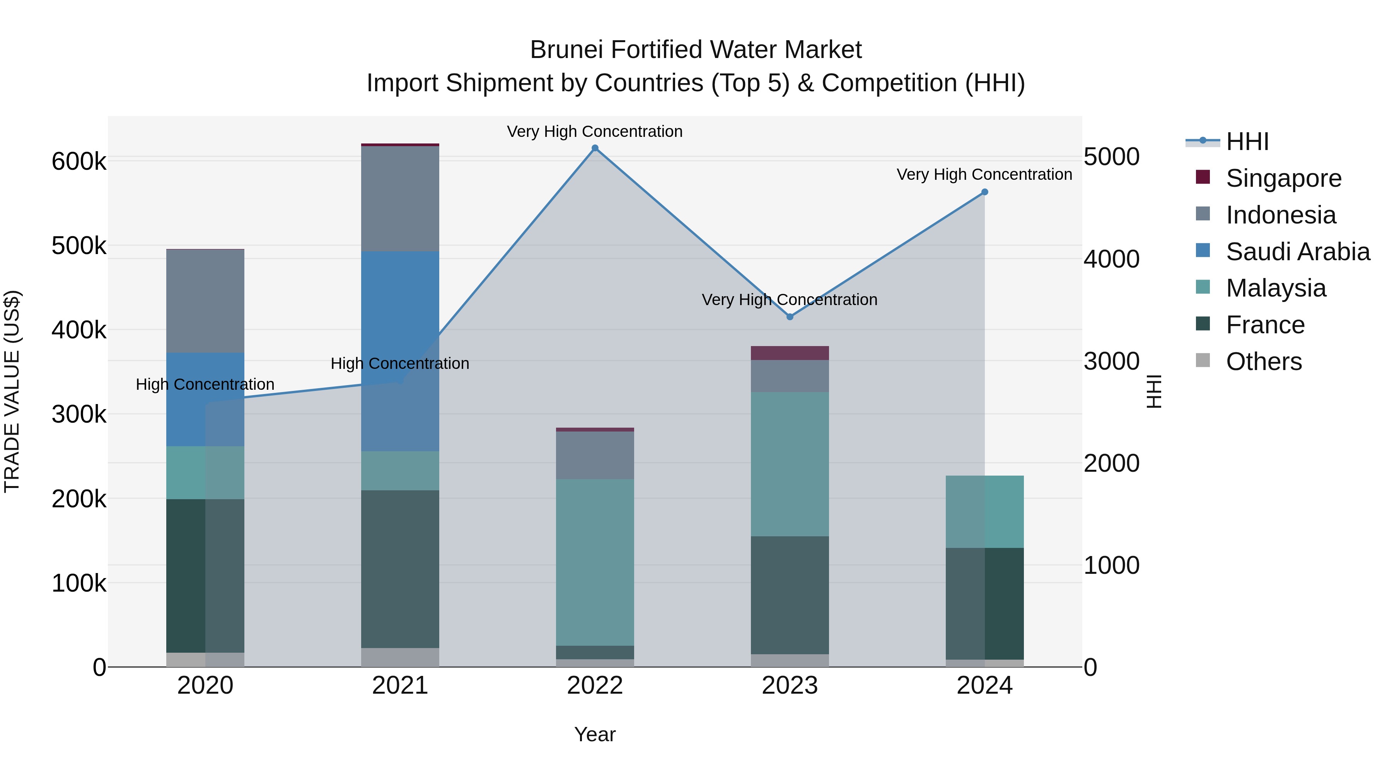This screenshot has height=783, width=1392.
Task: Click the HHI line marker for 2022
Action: coord(595,148)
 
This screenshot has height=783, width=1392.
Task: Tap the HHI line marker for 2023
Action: coord(790,317)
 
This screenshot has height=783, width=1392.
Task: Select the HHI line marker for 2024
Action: coord(984,192)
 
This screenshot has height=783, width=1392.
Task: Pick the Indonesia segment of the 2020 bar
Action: coord(205,300)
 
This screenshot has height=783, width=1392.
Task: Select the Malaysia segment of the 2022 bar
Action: coord(595,562)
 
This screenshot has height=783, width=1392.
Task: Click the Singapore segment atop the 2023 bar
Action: coord(790,353)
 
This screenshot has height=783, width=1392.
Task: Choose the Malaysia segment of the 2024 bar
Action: coord(984,511)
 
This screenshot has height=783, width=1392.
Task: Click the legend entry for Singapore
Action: coord(1283,178)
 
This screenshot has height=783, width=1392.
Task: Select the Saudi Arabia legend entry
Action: coord(1297,252)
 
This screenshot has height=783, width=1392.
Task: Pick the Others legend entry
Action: coord(1263,362)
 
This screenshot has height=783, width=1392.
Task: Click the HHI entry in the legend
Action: coord(1247,142)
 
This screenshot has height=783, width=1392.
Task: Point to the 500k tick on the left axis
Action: coord(79,246)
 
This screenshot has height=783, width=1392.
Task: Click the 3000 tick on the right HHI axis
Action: coord(1112,361)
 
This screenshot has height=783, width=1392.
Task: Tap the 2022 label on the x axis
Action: coord(595,686)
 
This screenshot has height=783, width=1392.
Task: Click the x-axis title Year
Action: coord(595,734)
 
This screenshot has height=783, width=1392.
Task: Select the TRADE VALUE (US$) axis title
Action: coord(12,391)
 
